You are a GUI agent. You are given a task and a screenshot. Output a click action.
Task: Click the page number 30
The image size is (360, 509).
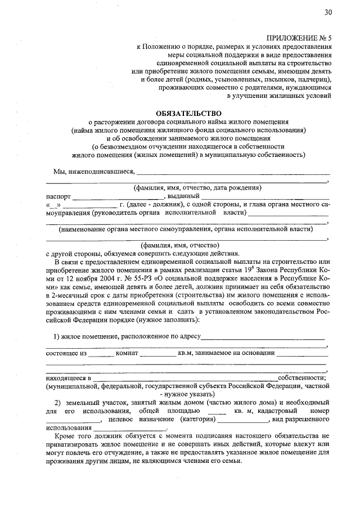328,12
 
